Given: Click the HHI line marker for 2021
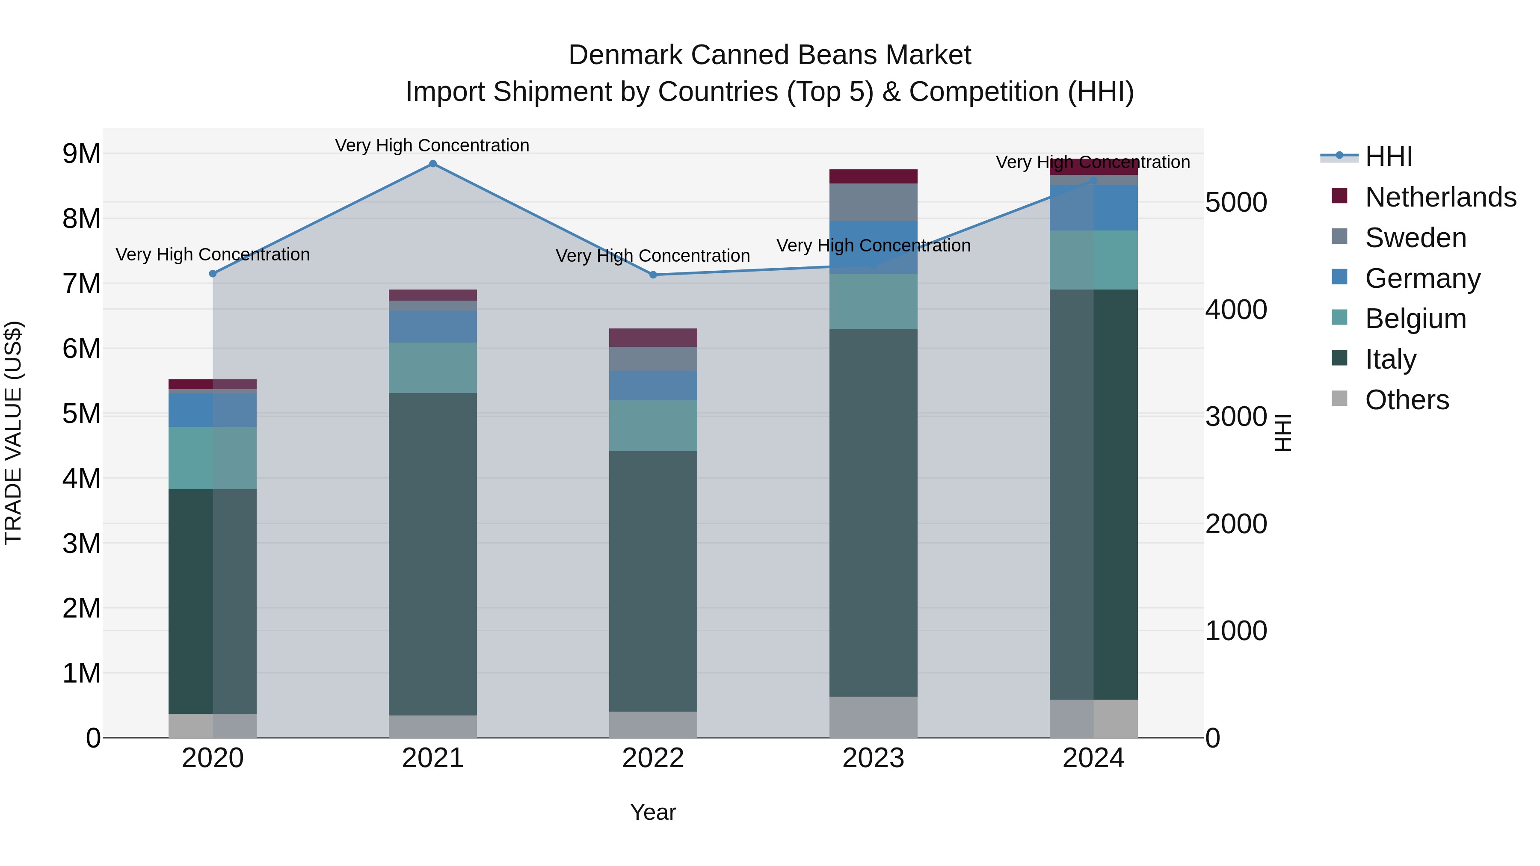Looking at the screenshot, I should (433, 164).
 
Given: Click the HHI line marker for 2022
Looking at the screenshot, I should (653, 275).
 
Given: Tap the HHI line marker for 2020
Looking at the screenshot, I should (213, 274).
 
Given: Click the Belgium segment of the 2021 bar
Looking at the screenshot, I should (433, 367).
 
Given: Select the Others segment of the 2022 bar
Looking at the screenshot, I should (653, 724).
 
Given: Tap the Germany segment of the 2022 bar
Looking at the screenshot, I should (653, 385).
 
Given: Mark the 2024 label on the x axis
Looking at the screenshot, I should (1093, 758).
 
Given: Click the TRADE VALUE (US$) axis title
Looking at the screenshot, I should (13, 433).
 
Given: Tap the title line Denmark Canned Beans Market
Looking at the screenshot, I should (770, 55).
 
